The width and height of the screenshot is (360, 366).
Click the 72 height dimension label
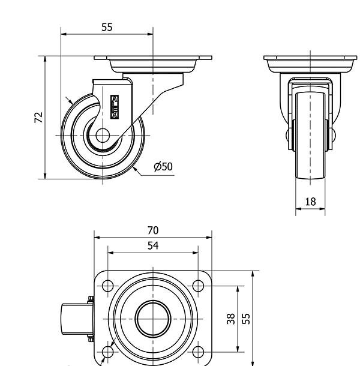(38, 118)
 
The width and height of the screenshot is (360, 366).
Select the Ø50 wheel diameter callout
(163, 167)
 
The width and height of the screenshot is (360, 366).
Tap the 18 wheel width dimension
(311, 202)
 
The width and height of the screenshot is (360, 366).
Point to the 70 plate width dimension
(153, 230)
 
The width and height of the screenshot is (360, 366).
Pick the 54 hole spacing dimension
(153, 245)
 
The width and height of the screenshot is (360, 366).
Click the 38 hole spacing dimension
(230, 319)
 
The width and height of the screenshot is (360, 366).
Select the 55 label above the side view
(107, 27)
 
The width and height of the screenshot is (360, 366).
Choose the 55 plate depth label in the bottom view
(245, 319)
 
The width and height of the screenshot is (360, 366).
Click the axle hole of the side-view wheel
(103, 136)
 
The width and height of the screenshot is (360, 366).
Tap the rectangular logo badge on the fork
(115, 107)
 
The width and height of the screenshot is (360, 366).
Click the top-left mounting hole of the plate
(107, 286)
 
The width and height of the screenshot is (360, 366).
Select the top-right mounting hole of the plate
(198, 286)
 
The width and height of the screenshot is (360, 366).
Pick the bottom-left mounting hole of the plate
(107, 352)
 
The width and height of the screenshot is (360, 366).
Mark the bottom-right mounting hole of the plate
(198, 352)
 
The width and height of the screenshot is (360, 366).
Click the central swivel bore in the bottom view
(153, 319)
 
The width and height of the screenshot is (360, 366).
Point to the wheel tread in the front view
(310, 136)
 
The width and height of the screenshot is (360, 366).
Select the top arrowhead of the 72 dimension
(45, 59)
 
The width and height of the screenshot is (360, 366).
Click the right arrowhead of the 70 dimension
(209, 238)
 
